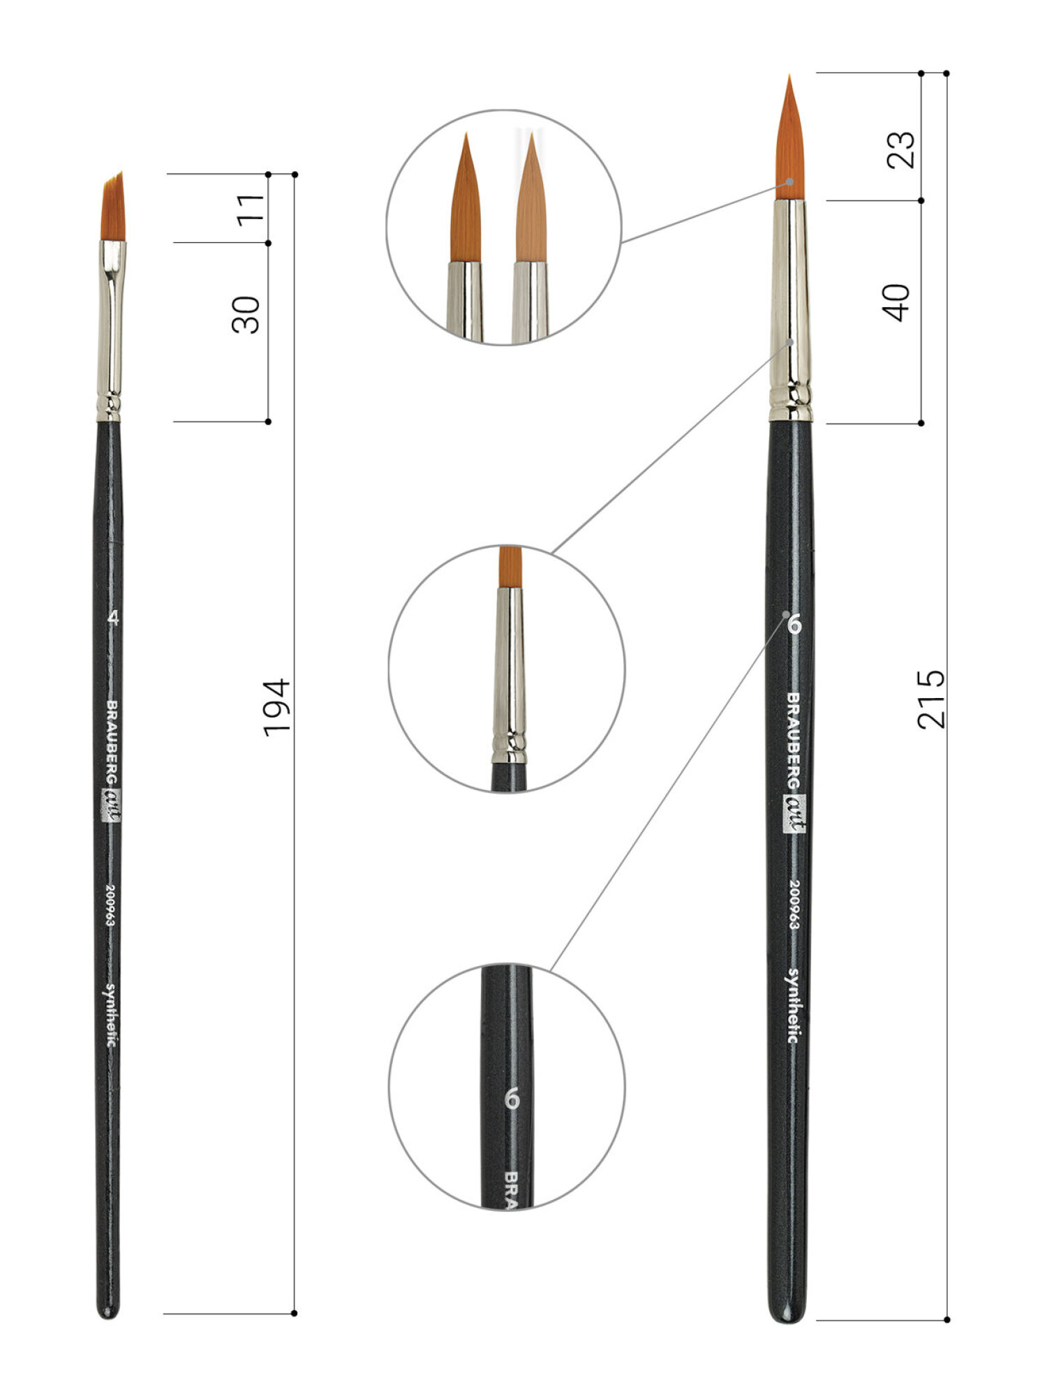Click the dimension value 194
click(x=276, y=706)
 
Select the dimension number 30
click(x=246, y=315)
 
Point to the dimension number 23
click(x=900, y=149)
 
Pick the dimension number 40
click(x=898, y=302)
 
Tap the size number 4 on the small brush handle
click(x=114, y=618)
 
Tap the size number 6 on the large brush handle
click(x=793, y=625)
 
